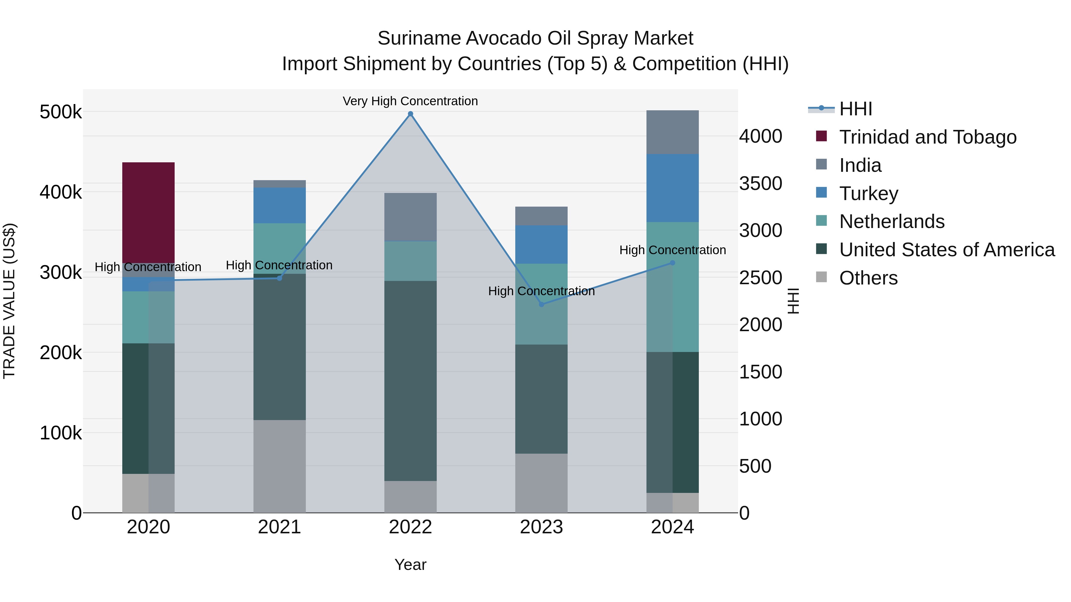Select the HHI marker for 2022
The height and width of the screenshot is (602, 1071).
tap(410, 114)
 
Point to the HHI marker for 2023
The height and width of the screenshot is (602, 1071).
tap(541, 304)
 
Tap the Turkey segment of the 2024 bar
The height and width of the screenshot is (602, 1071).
tap(672, 188)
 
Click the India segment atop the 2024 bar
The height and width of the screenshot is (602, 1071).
tap(672, 132)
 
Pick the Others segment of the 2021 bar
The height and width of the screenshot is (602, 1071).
tap(279, 466)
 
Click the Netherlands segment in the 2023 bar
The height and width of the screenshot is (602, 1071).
tap(541, 304)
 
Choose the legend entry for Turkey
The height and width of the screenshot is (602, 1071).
tap(868, 194)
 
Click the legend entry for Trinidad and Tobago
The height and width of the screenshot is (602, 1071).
tap(928, 137)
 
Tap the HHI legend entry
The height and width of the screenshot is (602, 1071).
tap(855, 109)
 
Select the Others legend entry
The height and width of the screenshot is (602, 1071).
tap(868, 278)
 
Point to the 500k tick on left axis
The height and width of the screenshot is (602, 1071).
tap(61, 112)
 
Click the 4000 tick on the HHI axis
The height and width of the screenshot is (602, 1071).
tap(760, 136)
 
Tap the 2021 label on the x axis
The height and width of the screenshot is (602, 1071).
tap(279, 527)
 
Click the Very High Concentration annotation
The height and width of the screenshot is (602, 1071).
tap(410, 101)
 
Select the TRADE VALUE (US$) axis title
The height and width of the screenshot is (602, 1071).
tap(9, 301)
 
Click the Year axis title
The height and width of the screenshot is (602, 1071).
tap(410, 565)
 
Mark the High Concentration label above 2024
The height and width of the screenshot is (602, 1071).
tap(672, 250)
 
